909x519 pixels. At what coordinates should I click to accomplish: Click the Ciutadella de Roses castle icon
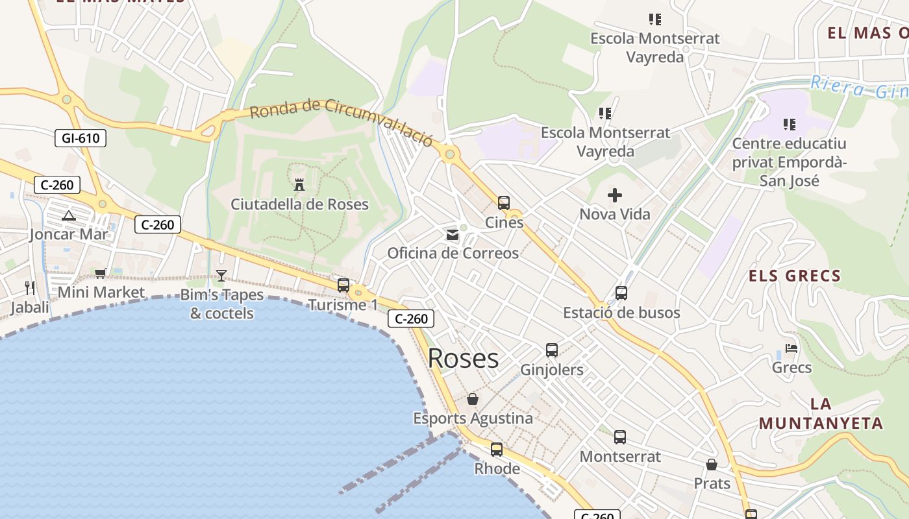pyautogui.click(x=299, y=185)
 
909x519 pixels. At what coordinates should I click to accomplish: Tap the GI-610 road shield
pyautogui.click(x=80, y=138)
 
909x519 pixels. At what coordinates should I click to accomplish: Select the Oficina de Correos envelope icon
pyautogui.click(x=452, y=234)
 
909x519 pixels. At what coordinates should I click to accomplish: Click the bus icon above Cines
pyautogui.click(x=504, y=203)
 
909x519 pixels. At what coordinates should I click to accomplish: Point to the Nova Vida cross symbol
pyautogui.click(x=614, y=195)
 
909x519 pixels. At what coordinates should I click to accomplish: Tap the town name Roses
pyautogui.click(x=463, y=358)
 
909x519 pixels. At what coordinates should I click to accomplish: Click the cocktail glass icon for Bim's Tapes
pyautogui.click(x=221, y=276)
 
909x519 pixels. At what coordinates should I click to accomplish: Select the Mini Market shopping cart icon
pyautogui.click(x=100, y=274)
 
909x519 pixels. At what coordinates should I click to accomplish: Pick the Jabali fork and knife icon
pyautogui.click(x=30, y=287)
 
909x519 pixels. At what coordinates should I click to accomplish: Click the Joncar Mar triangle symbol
pyautogui.click(x=69, y=215)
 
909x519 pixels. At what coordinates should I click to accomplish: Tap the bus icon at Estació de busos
pyautogui.click(x=621, y=293)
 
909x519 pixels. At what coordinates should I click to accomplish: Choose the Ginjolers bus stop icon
pyautogui.click(x=552, y=350)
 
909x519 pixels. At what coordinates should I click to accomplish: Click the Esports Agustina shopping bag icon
pyautogui.click(x=473, y=399)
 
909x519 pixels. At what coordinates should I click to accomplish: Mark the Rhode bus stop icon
pyautogui.click(x=497, y=449)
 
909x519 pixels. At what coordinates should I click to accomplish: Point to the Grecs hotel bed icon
pyautogui.click(x=791, y=348)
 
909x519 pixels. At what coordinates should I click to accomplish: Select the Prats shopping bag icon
pyautogui.click(x=712, y=465)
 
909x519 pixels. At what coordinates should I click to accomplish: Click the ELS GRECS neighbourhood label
pyautogui.click(x=795, y=276)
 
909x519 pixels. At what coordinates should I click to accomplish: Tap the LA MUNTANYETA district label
pyautogui.click(x=821, y=414)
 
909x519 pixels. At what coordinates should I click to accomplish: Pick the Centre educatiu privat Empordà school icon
pyautogui.click(x=790, y=124)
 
